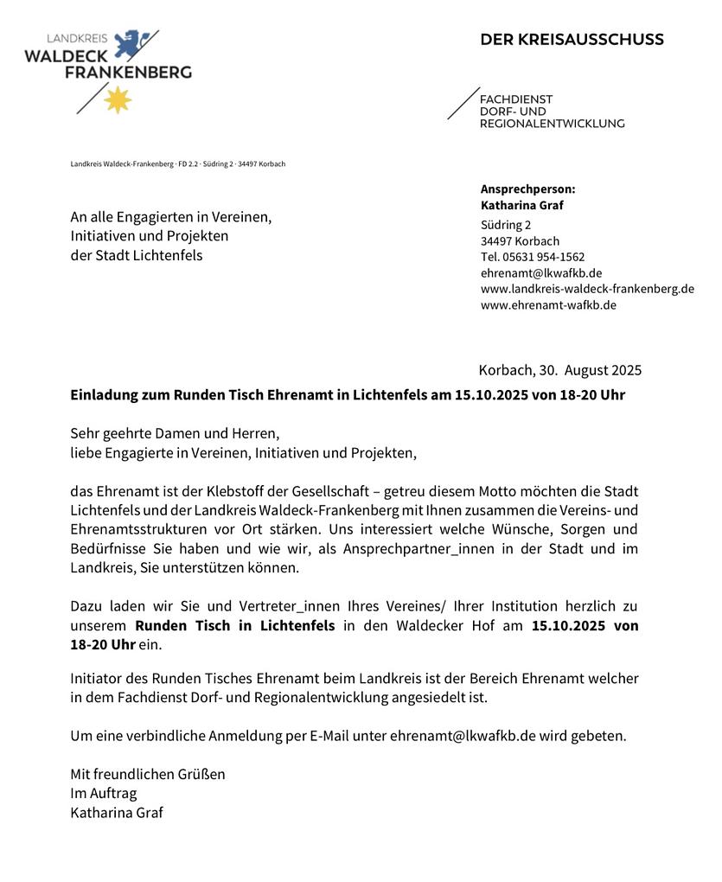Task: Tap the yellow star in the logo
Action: (x=118, y=100)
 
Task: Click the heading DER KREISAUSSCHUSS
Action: (x=572, y=40)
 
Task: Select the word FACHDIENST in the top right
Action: (x=516, y=99)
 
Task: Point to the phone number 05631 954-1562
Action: (x=544, y=257)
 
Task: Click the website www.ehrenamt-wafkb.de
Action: (x=548, y=304)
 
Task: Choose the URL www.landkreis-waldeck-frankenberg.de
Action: (x=587, y=289)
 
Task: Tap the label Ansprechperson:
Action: (x=527, y=189)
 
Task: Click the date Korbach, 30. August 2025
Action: (x=559, y=371)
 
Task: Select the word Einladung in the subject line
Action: (x=104, y=395)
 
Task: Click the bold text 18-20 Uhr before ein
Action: (x=103, y=645)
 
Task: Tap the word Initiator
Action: (x=97, y=679)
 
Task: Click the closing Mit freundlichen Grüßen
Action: (x=148, y=774)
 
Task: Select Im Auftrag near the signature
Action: (x=104, y=793)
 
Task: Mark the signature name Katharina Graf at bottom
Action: (x=117, y=813)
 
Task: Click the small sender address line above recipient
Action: (x=177, y=164)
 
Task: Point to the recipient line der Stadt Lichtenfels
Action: (x=137, y=255)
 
